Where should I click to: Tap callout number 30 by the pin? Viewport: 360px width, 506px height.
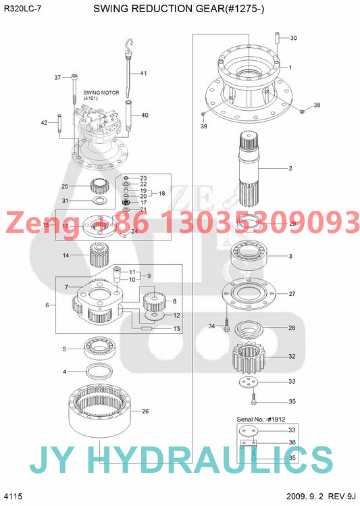pos(293,38)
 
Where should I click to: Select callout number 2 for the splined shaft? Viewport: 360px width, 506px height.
pos(290,168)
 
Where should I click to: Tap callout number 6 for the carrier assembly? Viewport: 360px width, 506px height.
pos(47,305)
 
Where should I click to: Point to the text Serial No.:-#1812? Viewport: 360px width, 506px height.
pos(259,419)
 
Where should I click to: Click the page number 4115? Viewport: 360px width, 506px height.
pos(13,497)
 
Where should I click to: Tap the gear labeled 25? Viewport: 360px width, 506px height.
pos(100,186)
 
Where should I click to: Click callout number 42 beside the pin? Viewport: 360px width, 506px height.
pos(45,122)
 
